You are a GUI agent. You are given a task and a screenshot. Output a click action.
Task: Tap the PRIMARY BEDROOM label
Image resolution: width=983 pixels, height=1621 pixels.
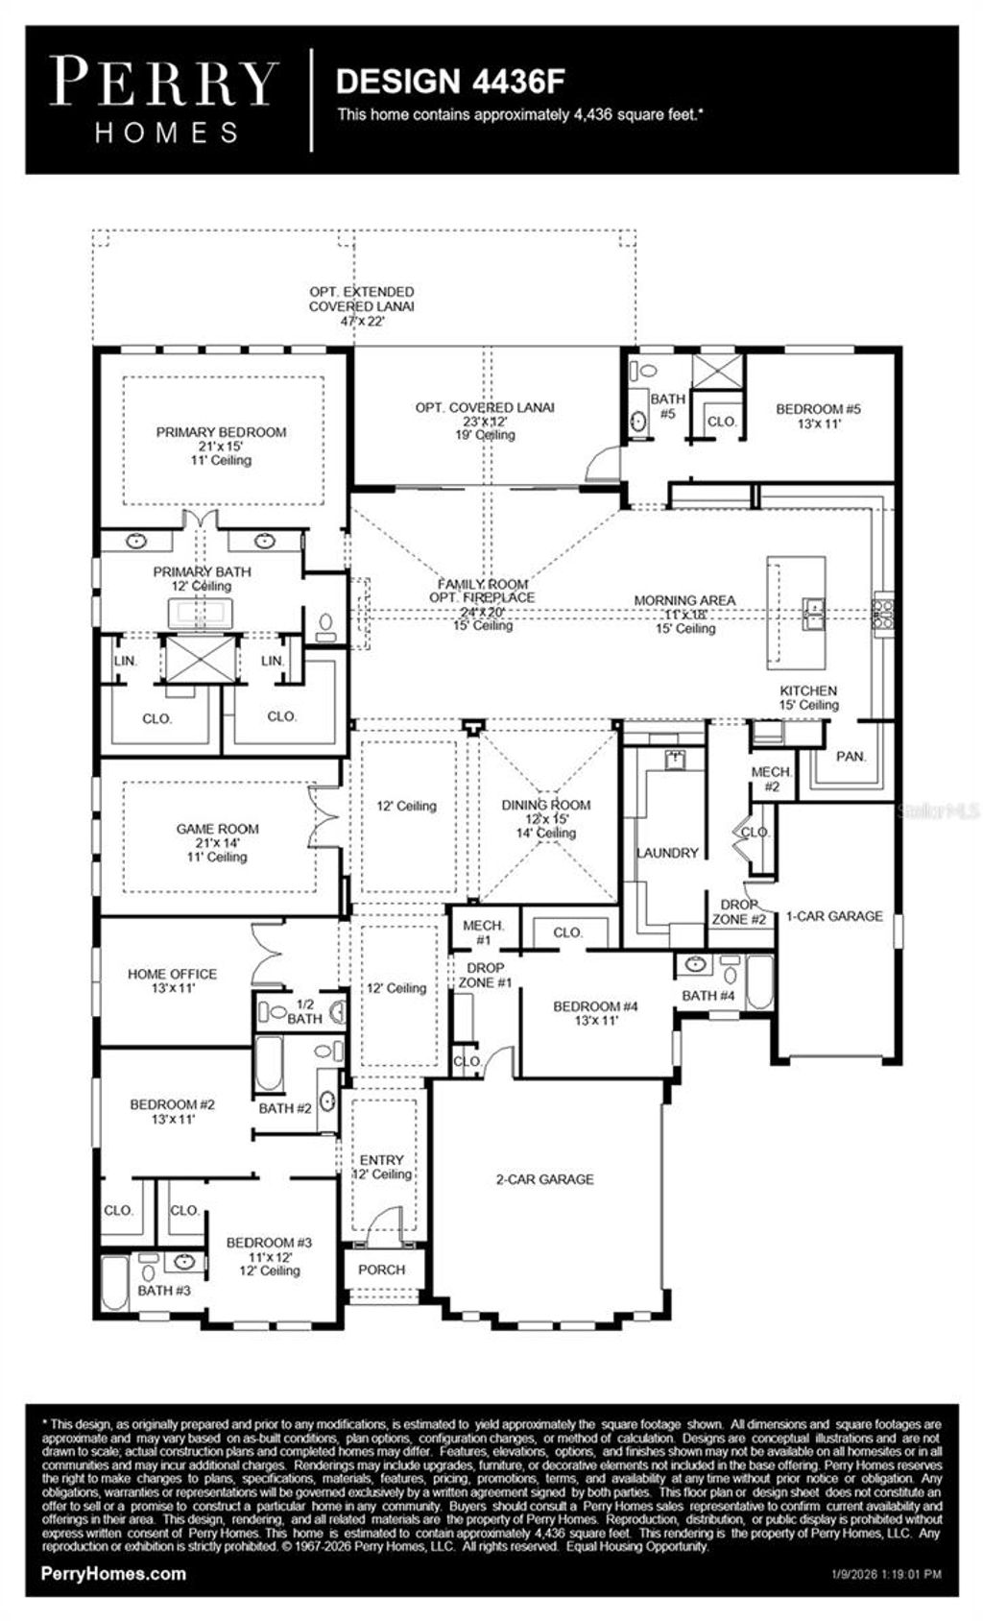(x=221, y=433)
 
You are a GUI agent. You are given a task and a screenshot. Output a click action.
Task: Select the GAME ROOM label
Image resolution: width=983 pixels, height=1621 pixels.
(x=217, y=829)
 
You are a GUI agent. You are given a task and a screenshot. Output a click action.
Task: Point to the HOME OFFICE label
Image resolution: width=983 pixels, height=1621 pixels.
(x=172, y=974)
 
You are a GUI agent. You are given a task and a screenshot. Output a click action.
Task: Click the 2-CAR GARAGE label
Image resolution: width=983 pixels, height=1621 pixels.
(x=544, y=1179)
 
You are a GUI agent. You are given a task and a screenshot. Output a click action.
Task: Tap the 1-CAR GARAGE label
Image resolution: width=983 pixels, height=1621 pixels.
(x=834, y=916)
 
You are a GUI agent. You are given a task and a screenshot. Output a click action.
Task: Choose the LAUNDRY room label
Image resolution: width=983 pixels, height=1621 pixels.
(x=667, y=853)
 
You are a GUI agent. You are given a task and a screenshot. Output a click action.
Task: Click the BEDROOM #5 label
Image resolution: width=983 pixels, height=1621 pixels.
(x=818, y=409)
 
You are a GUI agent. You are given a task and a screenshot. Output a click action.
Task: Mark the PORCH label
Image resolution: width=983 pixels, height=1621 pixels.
(x=381, y=1270)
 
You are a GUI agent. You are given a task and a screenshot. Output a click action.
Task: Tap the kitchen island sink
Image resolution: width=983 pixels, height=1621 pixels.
(x=813, y=613)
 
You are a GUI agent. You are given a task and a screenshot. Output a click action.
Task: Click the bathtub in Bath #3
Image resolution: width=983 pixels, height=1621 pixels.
(x=115, y=1284)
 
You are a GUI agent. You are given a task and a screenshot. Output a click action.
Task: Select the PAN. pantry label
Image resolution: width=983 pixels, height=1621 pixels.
(x=851, y=757)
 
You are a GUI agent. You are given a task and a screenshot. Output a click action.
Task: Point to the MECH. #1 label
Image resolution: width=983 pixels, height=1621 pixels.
(x=483, y=932)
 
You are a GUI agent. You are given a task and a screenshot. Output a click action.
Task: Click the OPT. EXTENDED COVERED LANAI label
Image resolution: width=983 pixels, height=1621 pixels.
(x=362, y=299)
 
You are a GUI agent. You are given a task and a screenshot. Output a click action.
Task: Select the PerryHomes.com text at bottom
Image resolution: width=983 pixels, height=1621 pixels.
(x=114, y=1574)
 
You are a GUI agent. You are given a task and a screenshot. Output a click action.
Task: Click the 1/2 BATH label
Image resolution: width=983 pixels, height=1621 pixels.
(x=304, y=1011)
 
